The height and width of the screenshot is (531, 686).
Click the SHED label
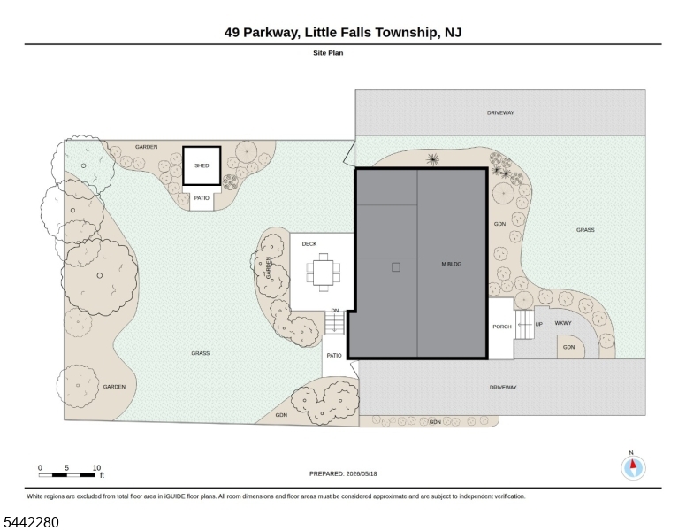[202, 165]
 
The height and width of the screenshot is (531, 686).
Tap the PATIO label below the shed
[202, 198]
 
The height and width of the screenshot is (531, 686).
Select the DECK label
[309, 244]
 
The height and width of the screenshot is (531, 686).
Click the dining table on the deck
[324, 272]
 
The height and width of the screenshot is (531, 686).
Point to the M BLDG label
[452, 265]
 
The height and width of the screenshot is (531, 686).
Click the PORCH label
[502, 327]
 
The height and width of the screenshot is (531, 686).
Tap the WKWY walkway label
[563, 323]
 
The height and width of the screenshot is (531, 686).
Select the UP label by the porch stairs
[538, 324]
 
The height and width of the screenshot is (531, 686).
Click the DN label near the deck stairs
[335, 311]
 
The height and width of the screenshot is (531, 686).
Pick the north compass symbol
[633, 467]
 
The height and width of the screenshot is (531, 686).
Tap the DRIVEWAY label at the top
[500, 113]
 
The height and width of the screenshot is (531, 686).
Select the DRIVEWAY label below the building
[503, 388]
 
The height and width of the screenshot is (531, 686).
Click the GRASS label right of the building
[585, 230]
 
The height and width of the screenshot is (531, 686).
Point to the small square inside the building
[396, 267]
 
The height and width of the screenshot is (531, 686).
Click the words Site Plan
[328, 53]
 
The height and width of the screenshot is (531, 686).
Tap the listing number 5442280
[31, 522]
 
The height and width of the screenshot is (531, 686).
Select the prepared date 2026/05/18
[362, 473]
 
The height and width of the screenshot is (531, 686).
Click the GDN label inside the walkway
[568, 348]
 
